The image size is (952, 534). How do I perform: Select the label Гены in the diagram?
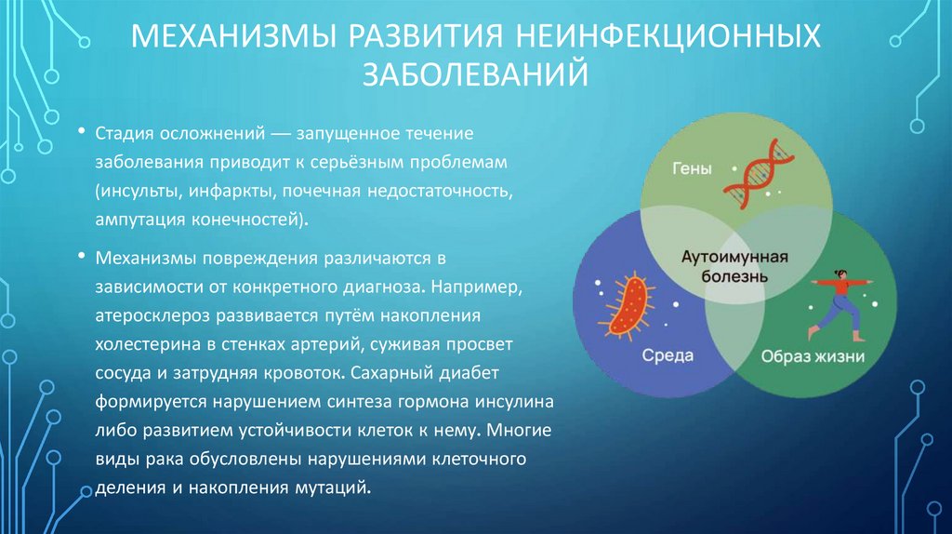tap(693, 169)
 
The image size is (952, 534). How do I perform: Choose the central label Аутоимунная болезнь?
tap(734, 266)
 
